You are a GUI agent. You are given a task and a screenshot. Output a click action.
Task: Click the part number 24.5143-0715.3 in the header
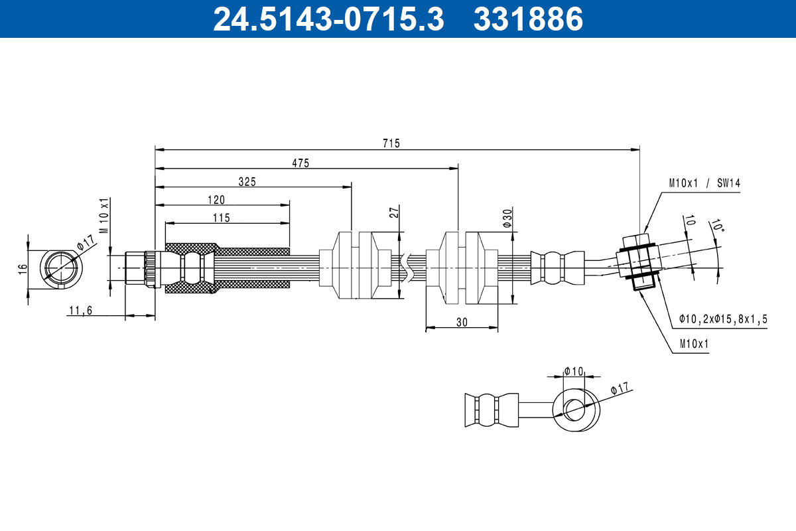(x=329, y=19)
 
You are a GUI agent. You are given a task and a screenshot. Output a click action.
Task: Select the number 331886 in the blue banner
(x=529, y=19)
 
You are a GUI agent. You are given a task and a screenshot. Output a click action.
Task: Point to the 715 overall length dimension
(x=391, y=143)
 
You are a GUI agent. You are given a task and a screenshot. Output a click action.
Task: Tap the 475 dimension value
(x=300, y=163)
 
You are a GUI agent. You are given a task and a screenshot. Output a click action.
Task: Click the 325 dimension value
(x=247, y=182)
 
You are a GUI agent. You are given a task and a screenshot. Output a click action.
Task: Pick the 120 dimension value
(x=216, y=200)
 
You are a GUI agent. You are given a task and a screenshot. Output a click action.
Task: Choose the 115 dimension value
(x=222, y=218)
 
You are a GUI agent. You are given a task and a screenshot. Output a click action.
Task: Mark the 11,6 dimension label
(x=81, y=311)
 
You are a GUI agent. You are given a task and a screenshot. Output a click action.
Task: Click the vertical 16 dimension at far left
(x=23, y=269)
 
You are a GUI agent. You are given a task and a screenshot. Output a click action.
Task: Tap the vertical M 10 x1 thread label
(x=105, y=216)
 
